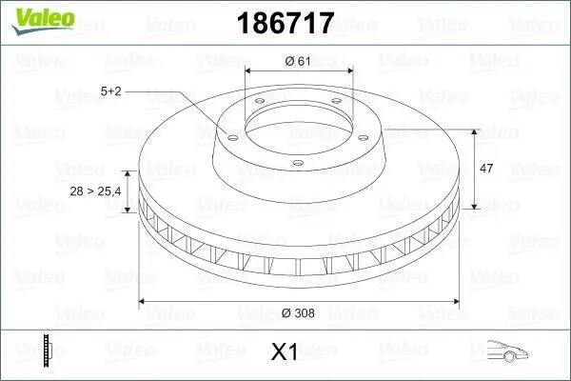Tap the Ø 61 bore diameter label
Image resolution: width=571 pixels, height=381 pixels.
click(299, 62)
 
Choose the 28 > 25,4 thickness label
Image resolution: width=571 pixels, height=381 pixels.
click(95, 191)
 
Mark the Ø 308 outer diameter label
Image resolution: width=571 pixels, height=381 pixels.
click(299, 311)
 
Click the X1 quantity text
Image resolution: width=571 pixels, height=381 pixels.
click(285, 351)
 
